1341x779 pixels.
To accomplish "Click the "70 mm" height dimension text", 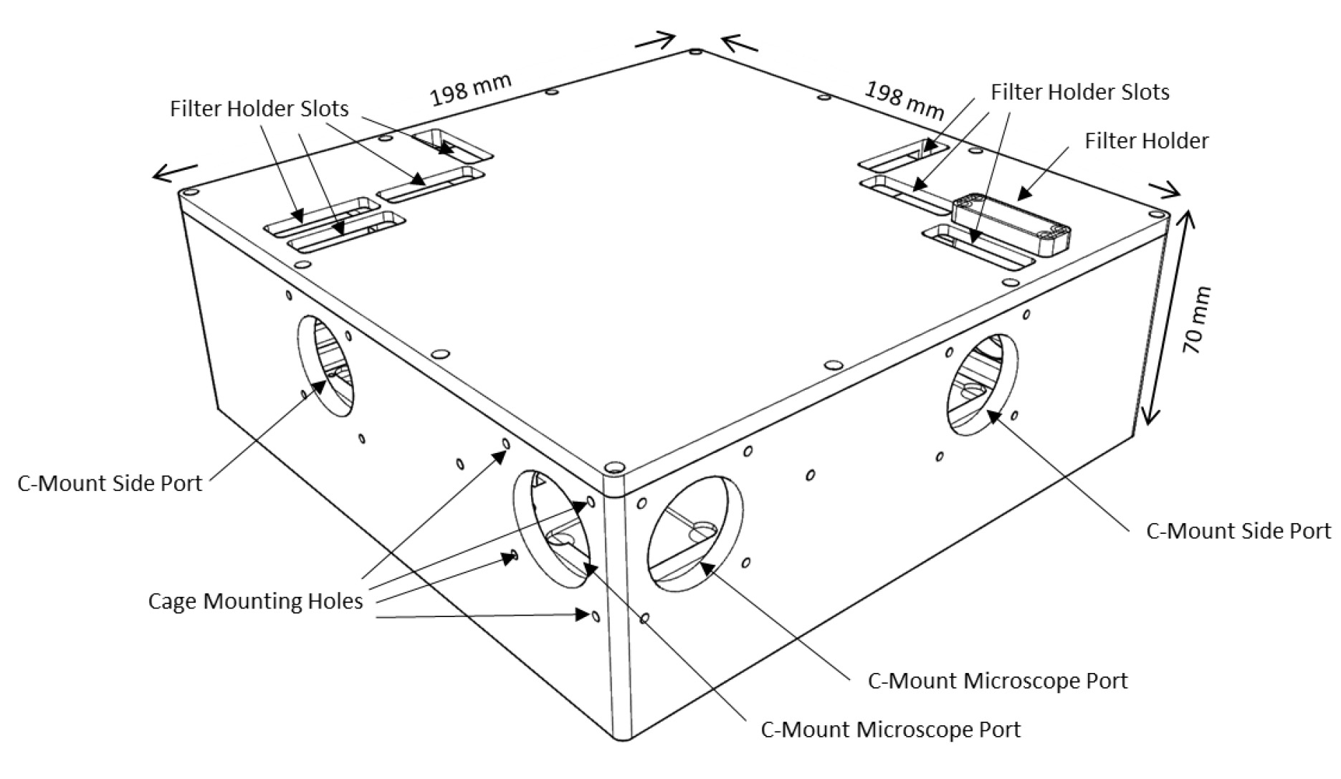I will click(x=1196, y=320).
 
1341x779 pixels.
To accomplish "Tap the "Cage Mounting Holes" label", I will click(x=255, y=601).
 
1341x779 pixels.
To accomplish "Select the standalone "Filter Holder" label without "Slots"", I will click(x=1146, y=140).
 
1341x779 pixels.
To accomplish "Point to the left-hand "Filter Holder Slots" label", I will click(x=259, y=108).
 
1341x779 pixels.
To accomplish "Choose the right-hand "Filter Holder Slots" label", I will click(x=1079, y=92).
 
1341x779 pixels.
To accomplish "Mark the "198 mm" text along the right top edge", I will click(x=904, y=100).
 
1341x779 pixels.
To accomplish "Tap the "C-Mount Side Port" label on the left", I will click(x=110, y=483).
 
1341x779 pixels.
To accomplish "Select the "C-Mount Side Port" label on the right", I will click(x=1238, y=531).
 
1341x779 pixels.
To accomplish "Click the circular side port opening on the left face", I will click(x=325, y=365).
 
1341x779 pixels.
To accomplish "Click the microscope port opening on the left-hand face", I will click(x=553, y=527).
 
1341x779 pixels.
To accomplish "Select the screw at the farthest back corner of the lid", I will click(x=695, y=52).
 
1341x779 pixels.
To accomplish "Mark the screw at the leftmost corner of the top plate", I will click(x=188, y=193).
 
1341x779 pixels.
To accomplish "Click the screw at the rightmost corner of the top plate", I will click(x=1155, y=215).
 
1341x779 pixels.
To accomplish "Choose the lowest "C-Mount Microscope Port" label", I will click(x=890, y=730).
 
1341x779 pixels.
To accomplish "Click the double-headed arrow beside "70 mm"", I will click(x=1166, y=315).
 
